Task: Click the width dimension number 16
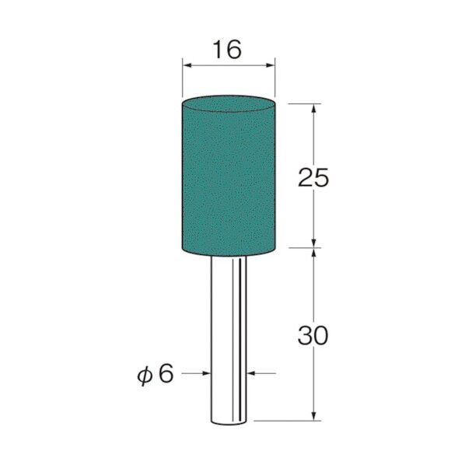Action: click(x=228, y=50)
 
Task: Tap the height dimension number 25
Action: click(x=313, y=177)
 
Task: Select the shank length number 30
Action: click(x=313, y=335)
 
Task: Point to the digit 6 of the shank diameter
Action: click(x=166, y=373)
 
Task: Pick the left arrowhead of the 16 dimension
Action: click(x=187, y=65)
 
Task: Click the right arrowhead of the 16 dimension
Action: click(x=271, y=65)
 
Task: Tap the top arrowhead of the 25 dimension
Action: click(x=314, y=108)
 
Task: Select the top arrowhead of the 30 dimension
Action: click(x=314, y=253)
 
